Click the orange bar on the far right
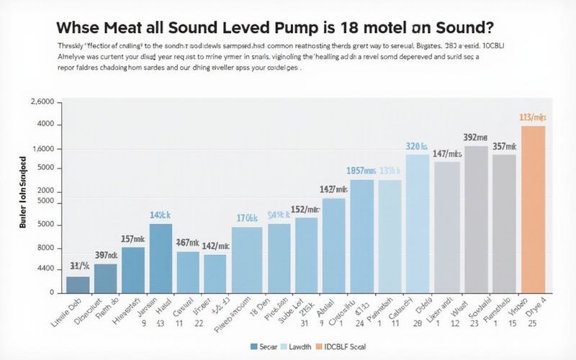(x=533, y=210)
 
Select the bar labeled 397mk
(x=106, y=279)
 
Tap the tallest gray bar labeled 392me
(x=476, y=220)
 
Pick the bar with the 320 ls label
(x=418, y=224)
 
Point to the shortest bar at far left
(x=78, y=284)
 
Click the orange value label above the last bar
(x=534, y=117)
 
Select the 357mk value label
(x=504, y=146)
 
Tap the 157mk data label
(x=132, y=238)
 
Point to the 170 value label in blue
(x=247, y=218)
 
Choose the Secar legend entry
(x=268, y=346)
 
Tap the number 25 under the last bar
(x=531, y=324)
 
